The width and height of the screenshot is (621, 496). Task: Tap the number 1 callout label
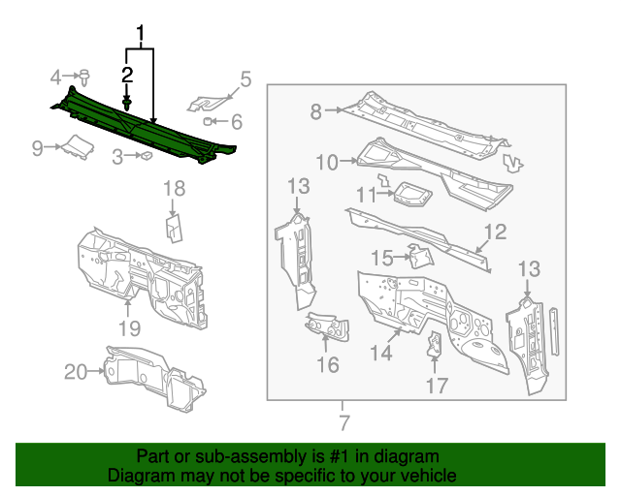(142, 37)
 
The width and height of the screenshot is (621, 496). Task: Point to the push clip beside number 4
(85, 76)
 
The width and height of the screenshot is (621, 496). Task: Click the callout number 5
(245, 78)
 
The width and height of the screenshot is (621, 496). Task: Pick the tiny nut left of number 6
(210, 121)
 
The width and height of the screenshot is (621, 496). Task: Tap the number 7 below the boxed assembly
(342, 422)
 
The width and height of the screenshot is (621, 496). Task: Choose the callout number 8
(316, 111)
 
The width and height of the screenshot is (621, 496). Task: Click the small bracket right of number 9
(77, 147)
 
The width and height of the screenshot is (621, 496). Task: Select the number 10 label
(326, 162)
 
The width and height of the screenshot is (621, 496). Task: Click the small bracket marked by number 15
(420, 256)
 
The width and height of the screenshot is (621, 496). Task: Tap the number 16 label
(328, 364)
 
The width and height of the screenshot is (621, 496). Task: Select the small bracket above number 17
(435, 343)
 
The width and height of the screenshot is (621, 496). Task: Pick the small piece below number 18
(174, 227)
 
